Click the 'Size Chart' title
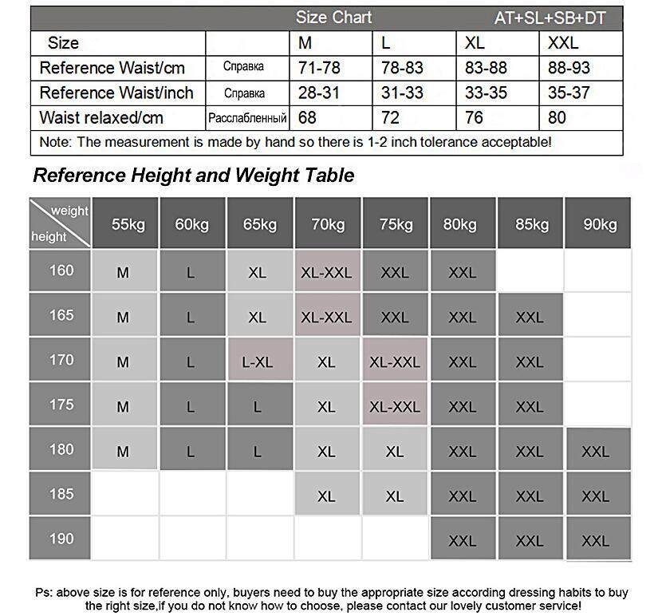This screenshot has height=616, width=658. (333, 18)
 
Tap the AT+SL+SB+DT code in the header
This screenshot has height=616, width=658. (551, 18)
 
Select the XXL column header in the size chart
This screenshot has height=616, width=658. (563, 43)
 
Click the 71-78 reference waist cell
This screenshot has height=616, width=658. (319, 68)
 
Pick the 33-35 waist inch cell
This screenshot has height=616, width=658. (486, 93)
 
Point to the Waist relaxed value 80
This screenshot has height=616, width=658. (557, 118)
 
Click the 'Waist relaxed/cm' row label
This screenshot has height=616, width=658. (101, 118)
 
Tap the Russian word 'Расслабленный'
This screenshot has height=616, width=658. (247, 118)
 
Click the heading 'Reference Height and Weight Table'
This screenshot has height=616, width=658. (194, 175)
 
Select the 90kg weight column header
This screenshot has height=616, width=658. (600, 224)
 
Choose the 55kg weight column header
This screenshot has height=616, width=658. (128, 224)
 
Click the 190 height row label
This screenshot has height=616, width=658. (61, 539)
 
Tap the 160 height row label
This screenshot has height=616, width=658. (61, 270)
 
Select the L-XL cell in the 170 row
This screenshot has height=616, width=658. (257, 361)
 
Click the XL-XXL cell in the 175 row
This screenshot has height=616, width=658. (394, 406)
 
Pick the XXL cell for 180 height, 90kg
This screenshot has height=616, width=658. (595, 451)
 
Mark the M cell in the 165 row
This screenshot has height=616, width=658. (123, 317)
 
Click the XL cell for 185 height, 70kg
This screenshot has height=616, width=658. (326, 496)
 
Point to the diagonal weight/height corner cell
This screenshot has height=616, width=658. (60, 223)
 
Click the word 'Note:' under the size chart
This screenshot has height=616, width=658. (54, 143)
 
